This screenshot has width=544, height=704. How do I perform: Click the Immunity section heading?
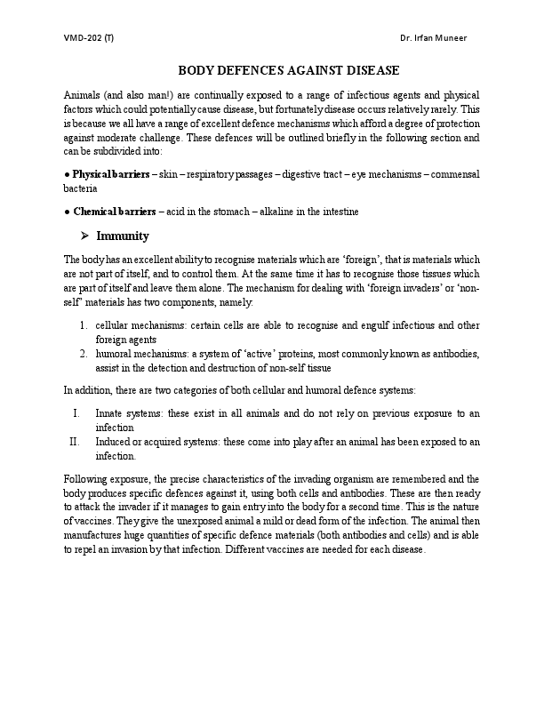123,236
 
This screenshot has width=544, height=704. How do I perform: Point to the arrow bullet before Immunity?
86,236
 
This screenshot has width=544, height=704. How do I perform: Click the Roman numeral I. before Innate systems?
77,413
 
